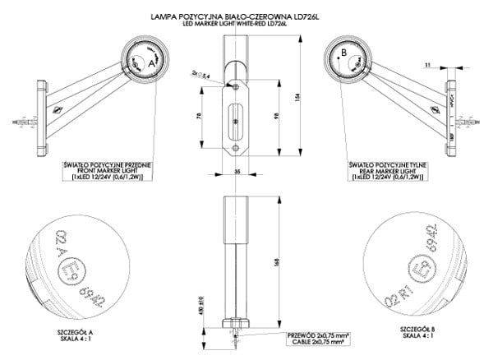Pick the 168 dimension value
[x=280, y=261]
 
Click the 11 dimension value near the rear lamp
[x=430, y=63]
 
